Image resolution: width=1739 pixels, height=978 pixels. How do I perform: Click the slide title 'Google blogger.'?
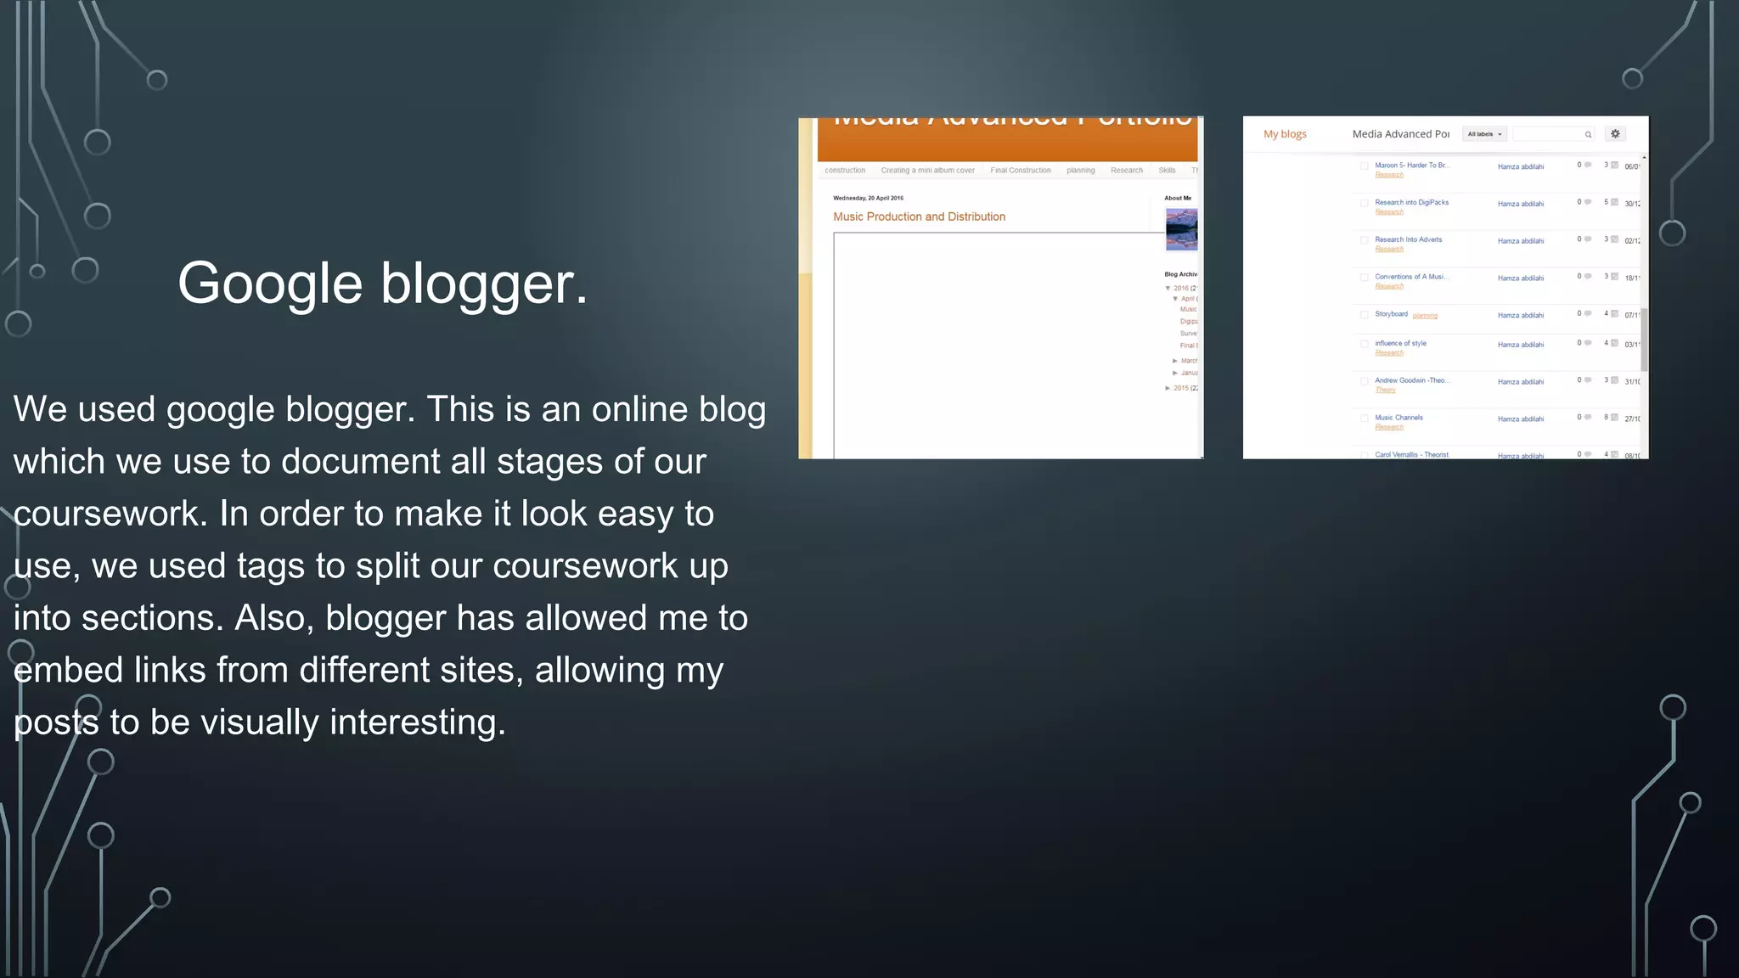pos(382,284)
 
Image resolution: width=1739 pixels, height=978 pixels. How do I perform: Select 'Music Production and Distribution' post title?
pos(919,217)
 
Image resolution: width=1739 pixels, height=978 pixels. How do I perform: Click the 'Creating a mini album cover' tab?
pos(927,171)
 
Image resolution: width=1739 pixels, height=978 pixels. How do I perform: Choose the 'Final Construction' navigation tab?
pos(1020,171)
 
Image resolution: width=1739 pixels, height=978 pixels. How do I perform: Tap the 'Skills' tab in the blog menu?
pos(1167,171)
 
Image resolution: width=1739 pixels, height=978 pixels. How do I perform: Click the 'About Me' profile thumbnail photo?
pos(1181,229)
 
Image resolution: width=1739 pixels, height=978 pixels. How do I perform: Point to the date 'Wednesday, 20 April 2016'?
pos(868,199)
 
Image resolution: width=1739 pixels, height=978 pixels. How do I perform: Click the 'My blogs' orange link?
pos(1285,134)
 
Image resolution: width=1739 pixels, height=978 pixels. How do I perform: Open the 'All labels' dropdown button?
pos(1484,134)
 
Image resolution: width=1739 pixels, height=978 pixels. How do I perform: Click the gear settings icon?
pos(1615,134)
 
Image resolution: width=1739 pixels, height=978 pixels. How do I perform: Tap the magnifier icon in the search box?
pos(1588,135)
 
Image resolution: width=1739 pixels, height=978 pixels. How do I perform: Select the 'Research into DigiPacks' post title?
pos(1411,203)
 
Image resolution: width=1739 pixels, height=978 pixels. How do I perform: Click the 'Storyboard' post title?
pos(1391,314)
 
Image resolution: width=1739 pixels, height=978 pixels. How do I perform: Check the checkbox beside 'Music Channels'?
pos(1364,419)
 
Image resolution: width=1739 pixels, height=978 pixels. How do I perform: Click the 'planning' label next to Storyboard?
pos(1425,316)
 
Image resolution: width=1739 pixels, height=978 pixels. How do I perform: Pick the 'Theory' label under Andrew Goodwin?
pos(1385,391)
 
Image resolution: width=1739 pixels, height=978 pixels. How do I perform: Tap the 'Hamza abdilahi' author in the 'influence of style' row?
pos(1520,345)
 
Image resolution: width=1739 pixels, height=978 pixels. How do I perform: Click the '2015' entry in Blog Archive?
pos(1181,389)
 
